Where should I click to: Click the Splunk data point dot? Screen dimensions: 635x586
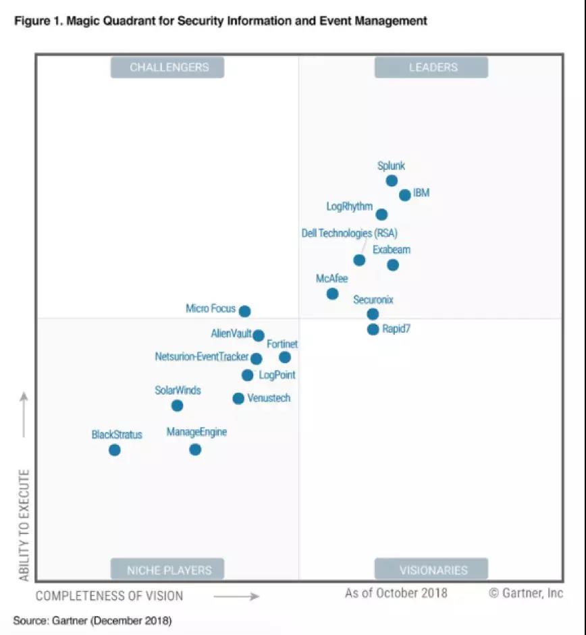pos(392,181)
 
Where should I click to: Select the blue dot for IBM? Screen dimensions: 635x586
pos(404,195)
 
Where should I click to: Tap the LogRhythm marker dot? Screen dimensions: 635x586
pos(381,215)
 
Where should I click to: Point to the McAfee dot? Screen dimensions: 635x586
pos(332,294)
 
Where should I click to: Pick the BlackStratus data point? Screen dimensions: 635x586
pos(115,449)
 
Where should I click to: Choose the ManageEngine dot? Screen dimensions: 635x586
pos(195,449)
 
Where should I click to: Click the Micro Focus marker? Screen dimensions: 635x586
pos(245,311)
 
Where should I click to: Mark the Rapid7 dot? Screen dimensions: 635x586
pos(373,329)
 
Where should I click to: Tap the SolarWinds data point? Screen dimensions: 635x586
pos(177,406)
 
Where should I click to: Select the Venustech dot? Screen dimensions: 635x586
pos(238,398)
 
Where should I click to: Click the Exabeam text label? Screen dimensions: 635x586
pos(392,250)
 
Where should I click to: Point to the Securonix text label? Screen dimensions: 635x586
pos(373,300)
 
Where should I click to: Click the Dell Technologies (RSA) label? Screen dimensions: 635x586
pos(349,233)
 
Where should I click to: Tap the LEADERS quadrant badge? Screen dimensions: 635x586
pos(431,67)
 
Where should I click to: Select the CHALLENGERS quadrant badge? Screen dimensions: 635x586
pos(167,67)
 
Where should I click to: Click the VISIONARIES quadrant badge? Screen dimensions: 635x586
pos(431,570)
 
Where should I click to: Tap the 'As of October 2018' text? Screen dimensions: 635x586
pos(396,593)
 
